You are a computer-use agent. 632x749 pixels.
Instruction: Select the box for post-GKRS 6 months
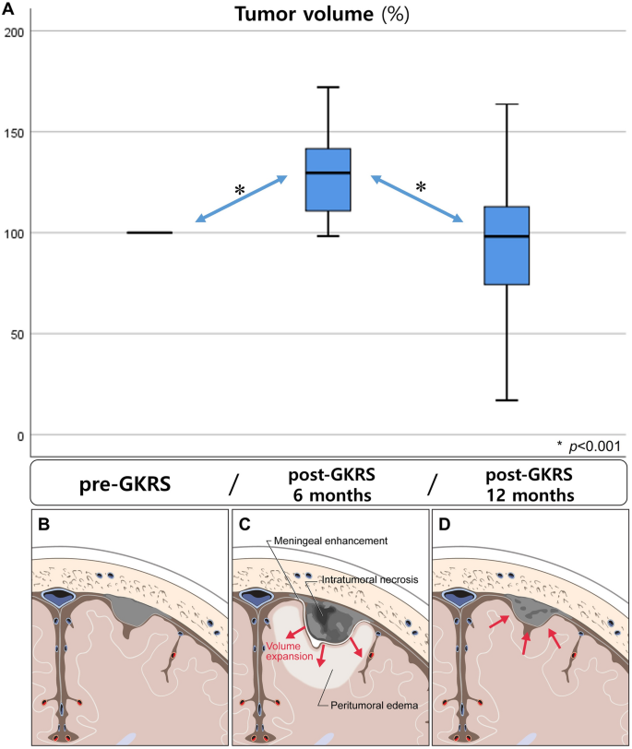click(328, 179)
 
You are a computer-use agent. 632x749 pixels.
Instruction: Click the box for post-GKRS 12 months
click(507, 245)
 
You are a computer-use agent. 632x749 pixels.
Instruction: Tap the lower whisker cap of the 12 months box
click(507, 400)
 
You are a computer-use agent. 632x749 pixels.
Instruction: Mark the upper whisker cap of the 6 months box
click(328, 87)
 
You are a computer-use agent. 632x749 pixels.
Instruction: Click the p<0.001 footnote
click(588, 446)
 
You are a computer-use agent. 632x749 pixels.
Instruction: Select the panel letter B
click(43, 525)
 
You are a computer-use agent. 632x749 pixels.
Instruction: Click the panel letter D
click(445, 525)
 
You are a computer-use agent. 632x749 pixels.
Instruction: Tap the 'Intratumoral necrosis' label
click(365, 578)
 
